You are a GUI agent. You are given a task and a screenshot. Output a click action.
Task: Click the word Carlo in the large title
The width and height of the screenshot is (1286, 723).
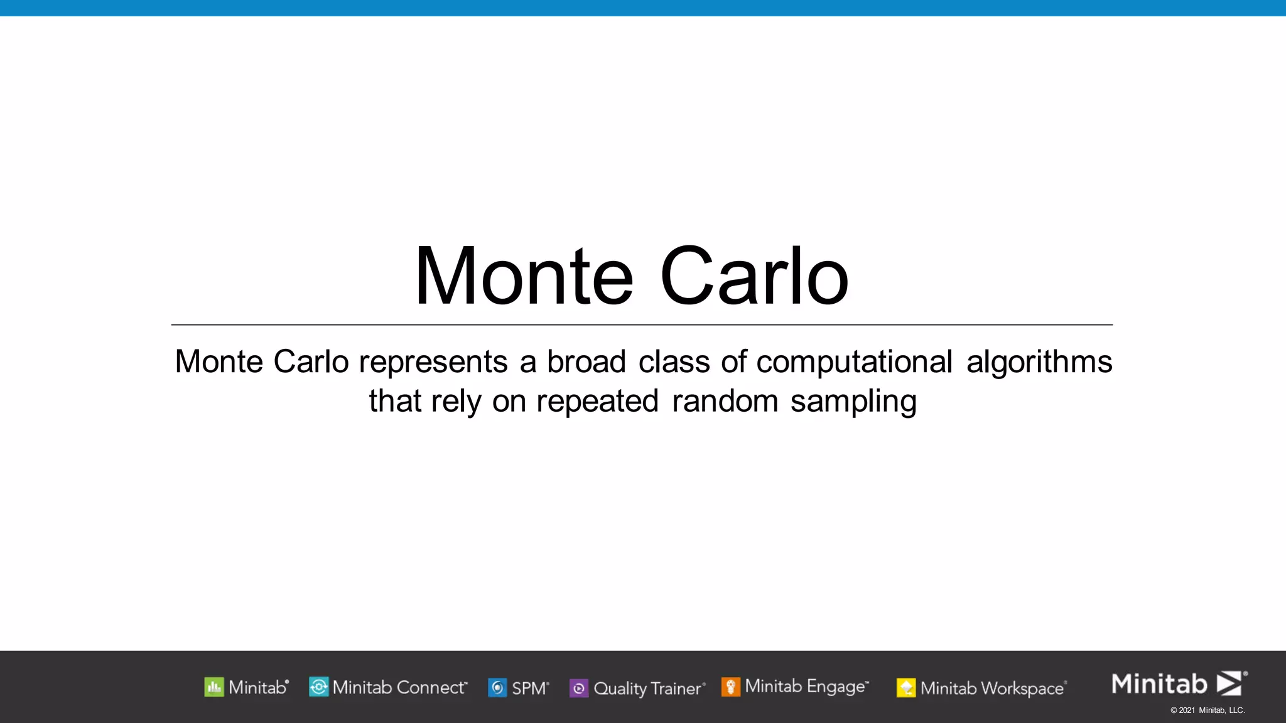(754, 277)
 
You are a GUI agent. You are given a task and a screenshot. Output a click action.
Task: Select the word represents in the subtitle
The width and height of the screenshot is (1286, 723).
(433, 363)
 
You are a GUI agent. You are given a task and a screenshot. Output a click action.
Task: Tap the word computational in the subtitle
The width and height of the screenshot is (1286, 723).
(854, 363)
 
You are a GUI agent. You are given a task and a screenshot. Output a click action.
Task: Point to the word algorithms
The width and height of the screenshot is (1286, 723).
(1039, 363)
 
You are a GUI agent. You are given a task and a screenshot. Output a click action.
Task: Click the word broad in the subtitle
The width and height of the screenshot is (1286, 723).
(586, 362)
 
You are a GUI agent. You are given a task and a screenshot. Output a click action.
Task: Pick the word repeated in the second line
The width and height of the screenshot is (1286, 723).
(597, 402)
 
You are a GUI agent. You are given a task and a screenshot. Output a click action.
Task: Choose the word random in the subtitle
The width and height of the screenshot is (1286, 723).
(725, 402)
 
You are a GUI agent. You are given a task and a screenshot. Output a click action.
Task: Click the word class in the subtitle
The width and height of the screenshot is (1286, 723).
(674, 362)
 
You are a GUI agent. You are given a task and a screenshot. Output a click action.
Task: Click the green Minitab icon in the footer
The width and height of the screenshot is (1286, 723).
(214, 687)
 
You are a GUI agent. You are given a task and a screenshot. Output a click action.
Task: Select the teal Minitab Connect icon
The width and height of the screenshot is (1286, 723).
(318, 687)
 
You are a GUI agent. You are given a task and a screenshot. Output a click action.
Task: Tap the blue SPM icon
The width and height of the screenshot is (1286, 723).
(497, 688)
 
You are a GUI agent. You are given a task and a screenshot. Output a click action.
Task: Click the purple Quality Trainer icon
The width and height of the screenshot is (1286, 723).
(578, 688)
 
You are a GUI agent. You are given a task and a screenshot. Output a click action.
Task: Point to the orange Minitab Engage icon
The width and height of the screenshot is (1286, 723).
(730, 687)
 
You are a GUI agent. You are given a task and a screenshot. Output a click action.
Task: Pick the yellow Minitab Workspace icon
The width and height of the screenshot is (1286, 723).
(905, 688)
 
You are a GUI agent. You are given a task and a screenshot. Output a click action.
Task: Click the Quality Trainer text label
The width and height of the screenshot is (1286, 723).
(649, 688)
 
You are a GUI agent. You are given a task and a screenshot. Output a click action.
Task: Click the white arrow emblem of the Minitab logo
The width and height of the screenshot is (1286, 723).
(1229, 683)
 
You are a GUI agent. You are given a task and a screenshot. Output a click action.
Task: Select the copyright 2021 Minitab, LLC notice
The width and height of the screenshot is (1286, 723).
(1207, 710)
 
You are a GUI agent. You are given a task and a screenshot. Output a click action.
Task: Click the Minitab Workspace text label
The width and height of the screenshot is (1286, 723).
(992, 688)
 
